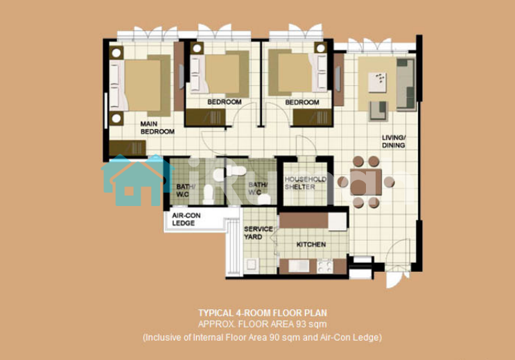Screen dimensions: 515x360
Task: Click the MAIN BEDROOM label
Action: tap(157, 128)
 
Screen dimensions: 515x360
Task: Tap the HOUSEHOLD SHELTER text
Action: tap(305, 183)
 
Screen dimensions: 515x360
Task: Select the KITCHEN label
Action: tap(311, 244)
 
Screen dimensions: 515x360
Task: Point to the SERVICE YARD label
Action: tap(258, 233)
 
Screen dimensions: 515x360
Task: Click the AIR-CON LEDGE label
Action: tap(186, 219)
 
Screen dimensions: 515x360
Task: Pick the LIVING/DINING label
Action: tap(394, 142)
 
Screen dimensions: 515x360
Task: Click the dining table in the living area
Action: tap(366, 182)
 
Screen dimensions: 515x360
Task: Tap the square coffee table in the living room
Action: tap(377, 82)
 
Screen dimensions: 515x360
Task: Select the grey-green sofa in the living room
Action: tap(406, 84)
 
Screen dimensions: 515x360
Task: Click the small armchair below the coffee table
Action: tap(378, 111)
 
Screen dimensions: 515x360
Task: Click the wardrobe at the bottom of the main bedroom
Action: tap(128, 148)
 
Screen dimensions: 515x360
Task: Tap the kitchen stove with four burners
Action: tap(325, 266)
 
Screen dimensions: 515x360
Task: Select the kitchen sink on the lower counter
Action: tap(299, 266)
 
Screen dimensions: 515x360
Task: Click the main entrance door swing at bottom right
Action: tap(396, 263)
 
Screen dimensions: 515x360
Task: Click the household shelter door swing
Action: tap(306, 145)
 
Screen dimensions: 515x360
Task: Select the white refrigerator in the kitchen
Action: tap(338, 221)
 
